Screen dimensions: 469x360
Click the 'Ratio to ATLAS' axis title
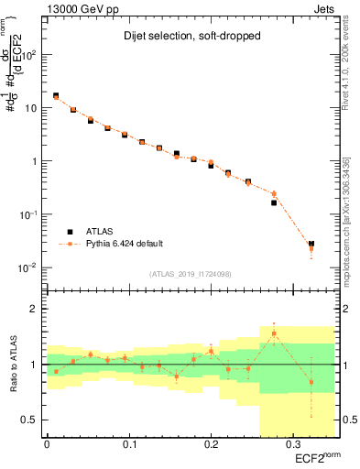(13, 363)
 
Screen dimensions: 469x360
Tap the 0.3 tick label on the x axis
(291, 444)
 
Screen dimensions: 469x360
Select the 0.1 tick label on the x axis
(128, 444)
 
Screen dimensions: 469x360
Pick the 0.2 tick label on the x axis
(210, 444)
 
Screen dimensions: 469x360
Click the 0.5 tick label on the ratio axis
(29, 420)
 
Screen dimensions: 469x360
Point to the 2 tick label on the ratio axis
(34, 309)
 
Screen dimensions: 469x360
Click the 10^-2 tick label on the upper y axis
(27, 267)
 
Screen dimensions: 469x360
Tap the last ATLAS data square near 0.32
(311, 245)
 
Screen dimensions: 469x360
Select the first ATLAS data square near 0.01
(56, 95)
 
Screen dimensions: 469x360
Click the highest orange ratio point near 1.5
(274, 333)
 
